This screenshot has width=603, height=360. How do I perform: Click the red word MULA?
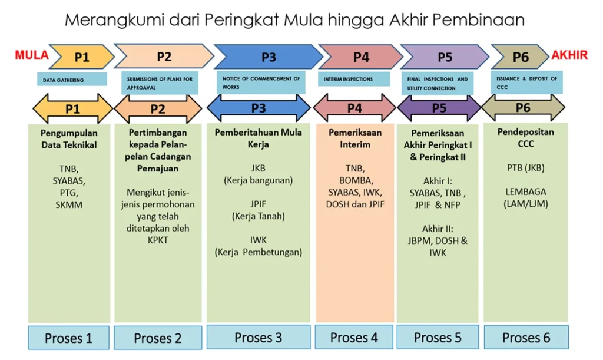(32, 55)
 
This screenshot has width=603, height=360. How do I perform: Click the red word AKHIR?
(569, 55)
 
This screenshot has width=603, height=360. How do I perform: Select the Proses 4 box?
(354, 337)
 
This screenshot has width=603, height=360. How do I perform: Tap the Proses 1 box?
(68, 338)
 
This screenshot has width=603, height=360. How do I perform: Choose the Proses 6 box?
(526, 337)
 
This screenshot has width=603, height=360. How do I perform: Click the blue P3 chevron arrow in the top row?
(269, 57)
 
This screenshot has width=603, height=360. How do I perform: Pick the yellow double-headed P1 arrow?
(72, 109)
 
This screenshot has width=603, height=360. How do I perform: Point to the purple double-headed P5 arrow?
(439, 108)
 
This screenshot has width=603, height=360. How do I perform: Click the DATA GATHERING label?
(72, 80)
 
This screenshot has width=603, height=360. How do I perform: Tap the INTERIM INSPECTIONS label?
(354, 79)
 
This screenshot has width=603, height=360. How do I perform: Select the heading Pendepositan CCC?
(526, 138)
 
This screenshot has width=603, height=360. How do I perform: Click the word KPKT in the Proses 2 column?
(158, 240)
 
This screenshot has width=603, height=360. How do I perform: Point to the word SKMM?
(69, 204)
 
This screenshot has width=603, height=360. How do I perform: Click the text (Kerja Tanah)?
(259, 216)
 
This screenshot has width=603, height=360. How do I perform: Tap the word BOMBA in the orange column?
(355, 180)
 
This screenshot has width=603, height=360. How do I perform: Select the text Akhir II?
(438, 229)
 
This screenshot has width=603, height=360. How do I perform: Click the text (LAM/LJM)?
(526, 204)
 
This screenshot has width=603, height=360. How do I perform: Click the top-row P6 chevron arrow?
(521, 57)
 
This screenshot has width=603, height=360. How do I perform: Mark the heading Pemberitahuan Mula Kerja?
(259, 138)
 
